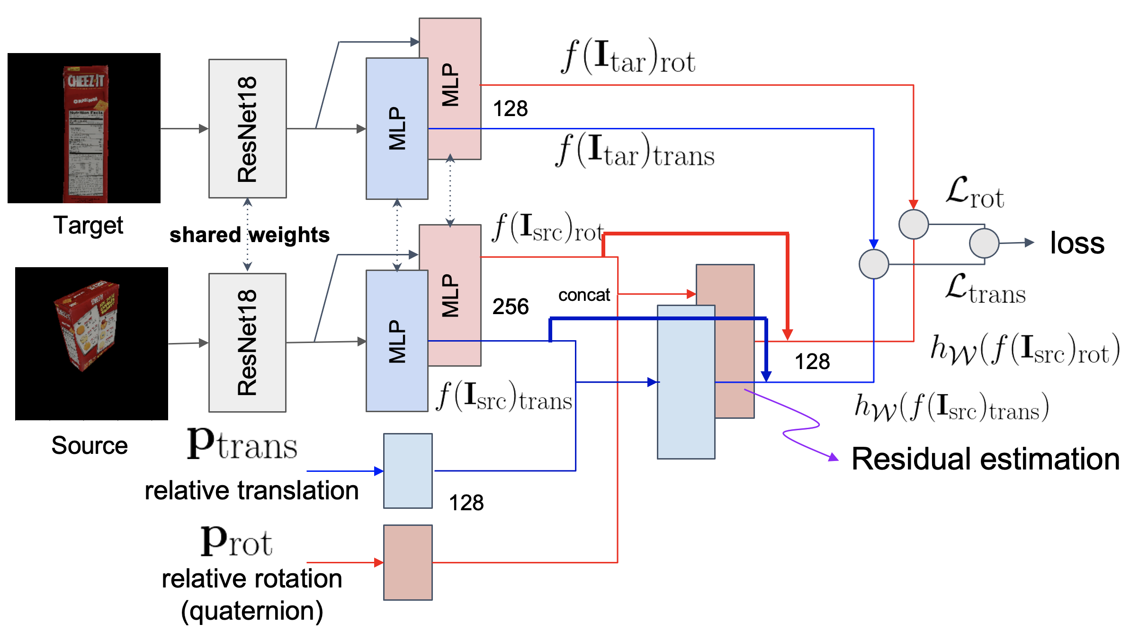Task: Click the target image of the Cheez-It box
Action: click(84, 128)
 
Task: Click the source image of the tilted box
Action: click(91, 343)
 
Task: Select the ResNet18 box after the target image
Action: click(247, 128)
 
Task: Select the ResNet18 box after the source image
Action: click(247, 343)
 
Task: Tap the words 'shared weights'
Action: click(250, 235)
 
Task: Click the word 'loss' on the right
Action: click(1077, 243)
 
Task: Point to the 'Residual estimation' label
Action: click(985, 459)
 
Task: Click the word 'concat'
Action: click(584, 295)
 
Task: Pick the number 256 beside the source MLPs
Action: click(510, 307)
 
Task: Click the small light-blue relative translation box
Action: click(408, 470)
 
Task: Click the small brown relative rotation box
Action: click(408, 562)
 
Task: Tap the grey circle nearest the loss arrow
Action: click(984, 243)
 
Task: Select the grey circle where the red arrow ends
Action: click(913, 224)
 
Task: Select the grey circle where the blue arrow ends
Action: click(873, 264)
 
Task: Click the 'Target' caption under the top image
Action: click(88, 225)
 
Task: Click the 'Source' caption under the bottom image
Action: click(90, 445)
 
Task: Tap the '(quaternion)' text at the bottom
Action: click(252, 611)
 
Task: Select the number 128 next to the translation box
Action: click(466, 503)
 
